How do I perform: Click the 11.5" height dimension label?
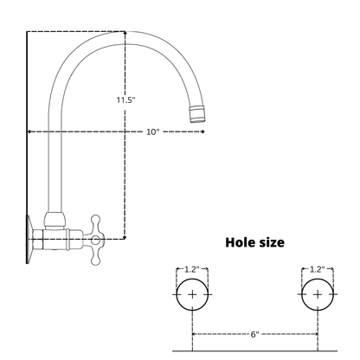[125, 100]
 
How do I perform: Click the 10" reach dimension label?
[153, 132]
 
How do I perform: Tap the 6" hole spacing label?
[254, 334]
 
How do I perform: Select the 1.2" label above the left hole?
[192, 269]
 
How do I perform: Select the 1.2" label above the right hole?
[318, 269]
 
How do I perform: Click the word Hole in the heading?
[238, 242]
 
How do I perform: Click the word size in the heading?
[270, 243]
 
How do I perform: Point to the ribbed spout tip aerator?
[197, 113]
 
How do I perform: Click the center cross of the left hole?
[192, 294]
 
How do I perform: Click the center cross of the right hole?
[318, 294]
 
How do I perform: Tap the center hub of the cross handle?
[95, 240]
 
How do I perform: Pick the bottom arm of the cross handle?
[95, 254]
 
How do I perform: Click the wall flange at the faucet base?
[29, 239]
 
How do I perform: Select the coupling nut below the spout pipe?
[55, 221]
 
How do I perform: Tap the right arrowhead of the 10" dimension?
[203, 132]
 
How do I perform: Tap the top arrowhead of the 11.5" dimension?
[125, 34]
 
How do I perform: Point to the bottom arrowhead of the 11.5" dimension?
[125, 237]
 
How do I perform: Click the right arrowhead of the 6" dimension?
[316, 334]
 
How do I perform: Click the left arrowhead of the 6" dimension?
[194, 334]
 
